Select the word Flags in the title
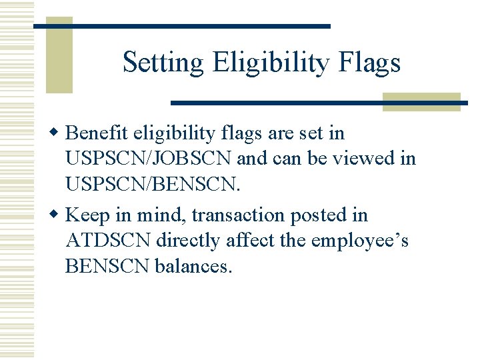pos(370,63)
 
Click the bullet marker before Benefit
pos(57,133)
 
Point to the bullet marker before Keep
pos(57,215)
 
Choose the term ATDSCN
pos(108,241)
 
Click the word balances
pos(193,267)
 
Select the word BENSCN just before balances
pos(107,267)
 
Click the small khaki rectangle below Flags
pos(421,102)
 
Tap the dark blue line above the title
pos(181,26)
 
